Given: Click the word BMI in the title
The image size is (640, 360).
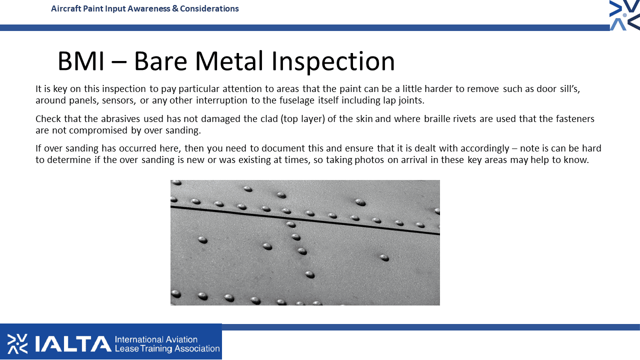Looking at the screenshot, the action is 81,61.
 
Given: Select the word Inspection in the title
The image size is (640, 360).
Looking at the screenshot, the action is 333,62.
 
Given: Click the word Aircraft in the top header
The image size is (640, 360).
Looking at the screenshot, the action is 66,8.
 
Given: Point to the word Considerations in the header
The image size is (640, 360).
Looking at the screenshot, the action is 209,8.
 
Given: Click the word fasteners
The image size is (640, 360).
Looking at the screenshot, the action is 575,118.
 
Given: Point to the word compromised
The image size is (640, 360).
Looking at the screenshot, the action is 98,130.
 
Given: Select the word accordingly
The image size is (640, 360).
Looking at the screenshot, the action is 485,148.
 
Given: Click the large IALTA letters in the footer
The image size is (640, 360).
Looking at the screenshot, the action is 73,343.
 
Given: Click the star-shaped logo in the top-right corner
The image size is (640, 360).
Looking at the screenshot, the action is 624,15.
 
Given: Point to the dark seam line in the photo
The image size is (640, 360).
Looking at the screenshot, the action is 305,220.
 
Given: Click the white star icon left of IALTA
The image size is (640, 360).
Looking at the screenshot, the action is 17,343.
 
